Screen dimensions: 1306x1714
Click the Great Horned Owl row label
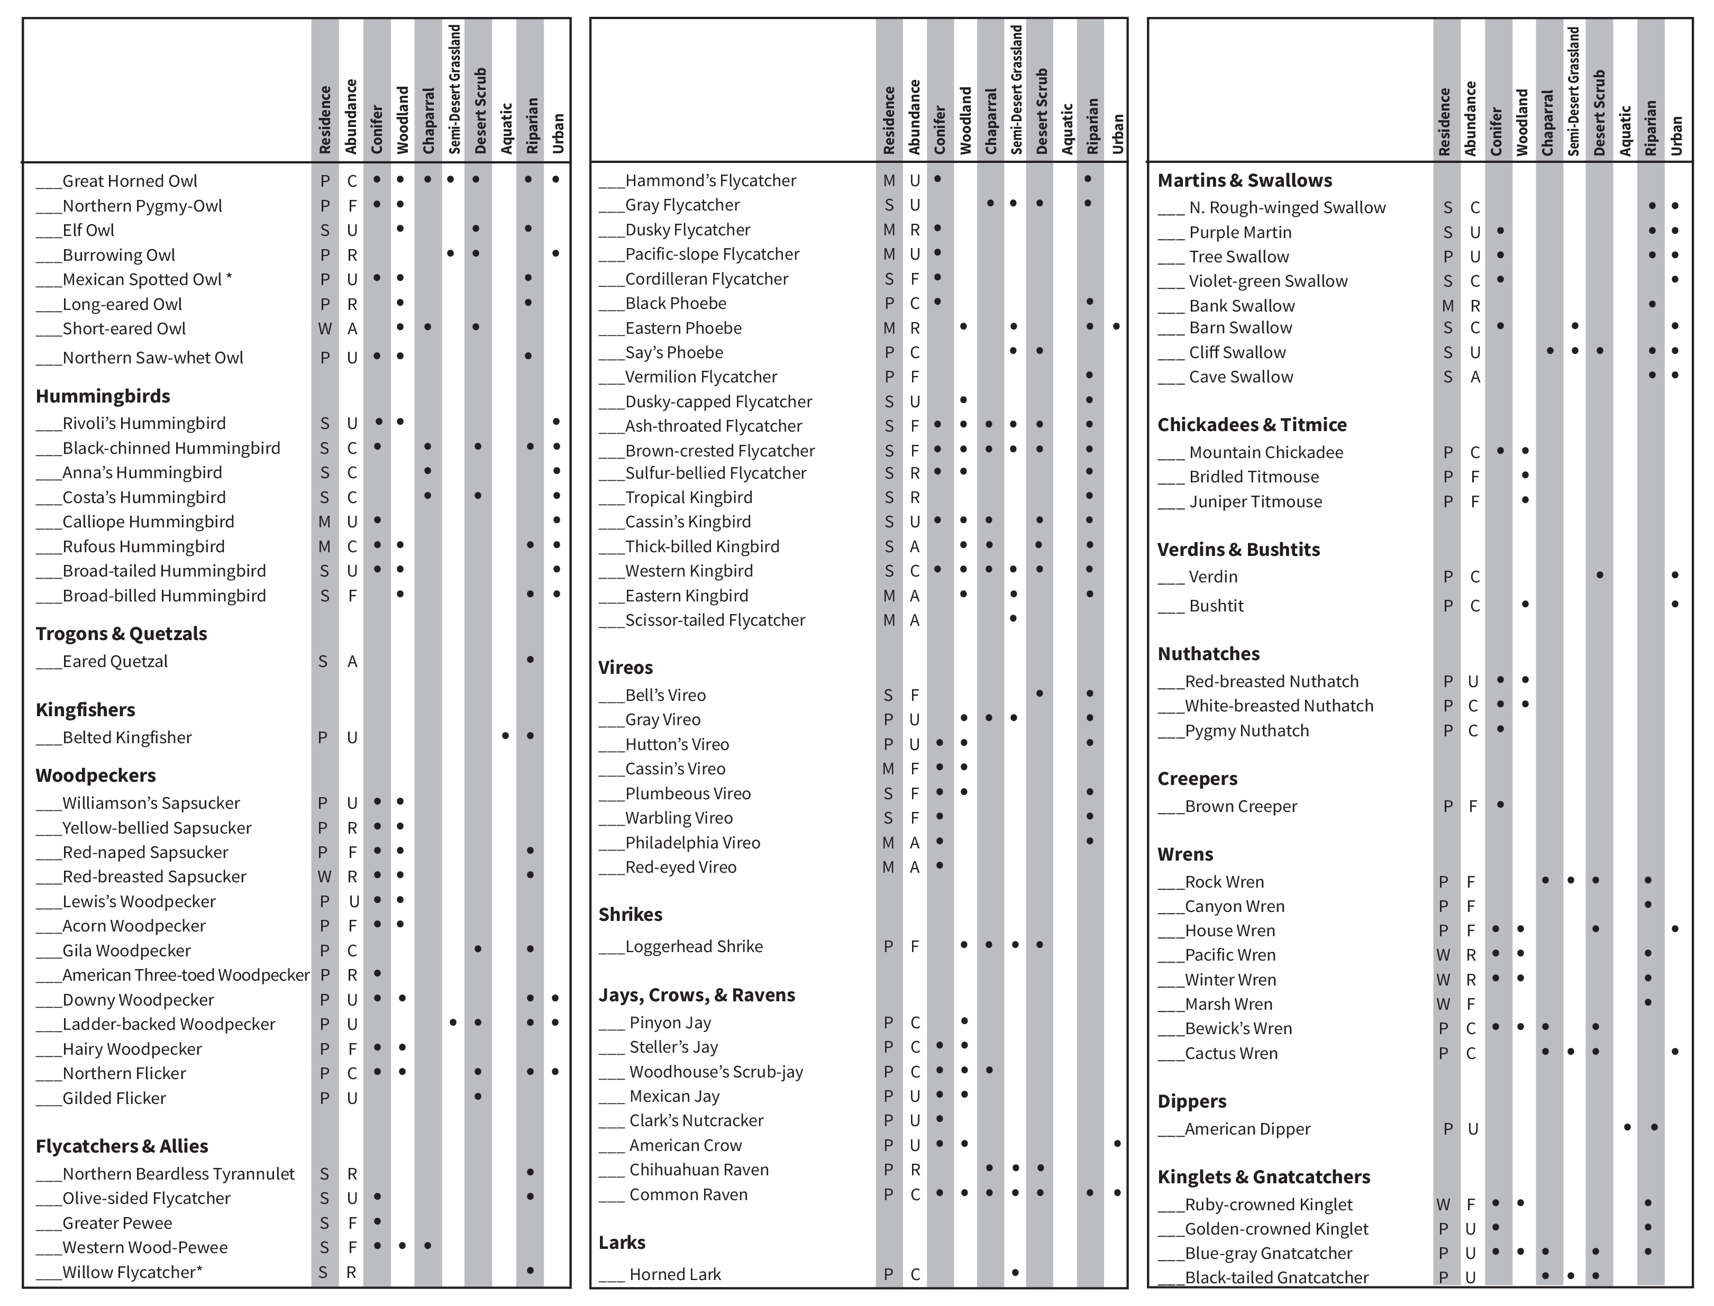pos(129,181)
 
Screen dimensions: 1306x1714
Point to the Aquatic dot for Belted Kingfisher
pos(505,735)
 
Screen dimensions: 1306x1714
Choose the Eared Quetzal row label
pos(115,662)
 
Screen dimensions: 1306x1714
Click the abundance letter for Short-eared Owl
pos(352,329)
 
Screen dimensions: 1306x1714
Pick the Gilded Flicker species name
pos(114,1099)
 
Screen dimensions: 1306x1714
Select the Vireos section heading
pos(625,668)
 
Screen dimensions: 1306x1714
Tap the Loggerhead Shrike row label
pos(694,946)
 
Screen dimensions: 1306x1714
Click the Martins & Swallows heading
pos(1244,180)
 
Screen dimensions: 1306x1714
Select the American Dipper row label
pos(1247,1129)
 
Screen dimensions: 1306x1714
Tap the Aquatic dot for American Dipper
pos(1627,1127)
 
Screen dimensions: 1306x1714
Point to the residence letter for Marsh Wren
pos(1444,1004)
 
